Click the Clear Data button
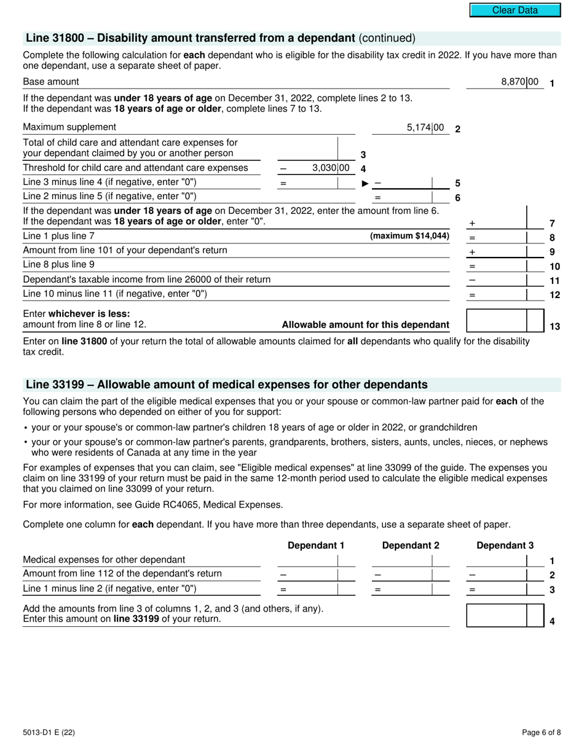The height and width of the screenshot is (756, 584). pos(515,10)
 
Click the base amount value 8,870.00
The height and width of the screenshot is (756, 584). pos(519,82)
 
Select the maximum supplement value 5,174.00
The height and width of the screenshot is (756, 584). pos(425,128)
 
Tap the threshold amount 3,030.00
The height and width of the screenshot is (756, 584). pos(331,168)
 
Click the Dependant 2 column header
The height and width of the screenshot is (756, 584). pos(411,546)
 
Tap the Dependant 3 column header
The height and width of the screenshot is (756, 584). pos(505,546)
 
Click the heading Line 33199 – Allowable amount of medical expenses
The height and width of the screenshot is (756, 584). pos(226,385)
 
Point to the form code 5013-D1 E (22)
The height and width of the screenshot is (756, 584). pos(49,732)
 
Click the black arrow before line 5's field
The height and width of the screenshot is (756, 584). pos(365,183)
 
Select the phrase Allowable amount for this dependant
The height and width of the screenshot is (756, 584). pos(365,325)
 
